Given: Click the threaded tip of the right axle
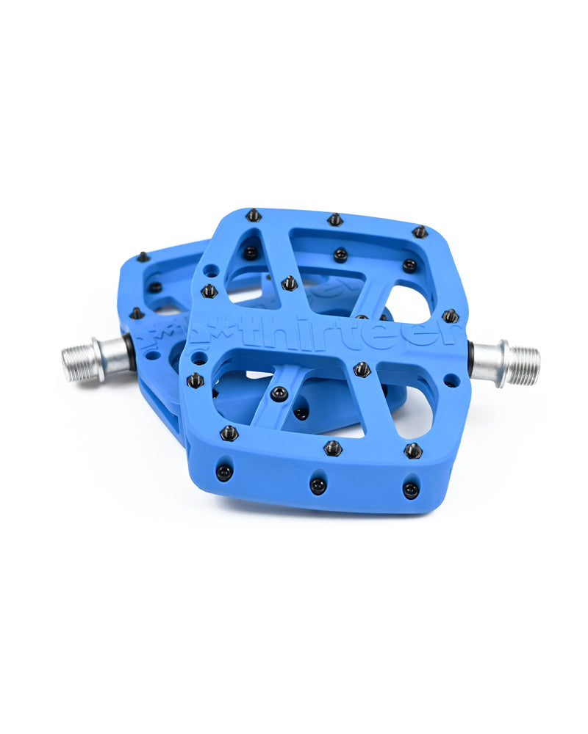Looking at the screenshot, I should click(x=523, y=366).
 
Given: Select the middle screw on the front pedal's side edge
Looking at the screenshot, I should click(x=318, y=485).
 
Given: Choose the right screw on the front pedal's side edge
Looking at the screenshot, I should click(x=411, y=488).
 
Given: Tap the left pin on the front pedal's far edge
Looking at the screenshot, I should click(x=254, y=215).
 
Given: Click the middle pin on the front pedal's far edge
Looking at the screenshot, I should click(x=335, y=219).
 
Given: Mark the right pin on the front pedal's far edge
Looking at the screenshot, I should click(x=420, y=232).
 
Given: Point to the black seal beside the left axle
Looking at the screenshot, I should click(x=131, y=351).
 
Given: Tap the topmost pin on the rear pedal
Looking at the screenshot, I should click(x=143, y=257).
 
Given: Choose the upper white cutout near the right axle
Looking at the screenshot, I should click(x=408, y=302).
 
